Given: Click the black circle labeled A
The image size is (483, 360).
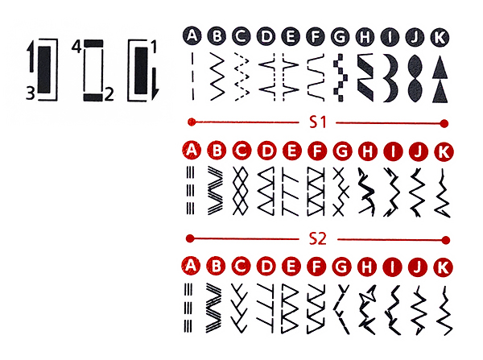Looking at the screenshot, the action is tap(192, 36).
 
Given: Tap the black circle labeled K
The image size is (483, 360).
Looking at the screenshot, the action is tap(440, 37).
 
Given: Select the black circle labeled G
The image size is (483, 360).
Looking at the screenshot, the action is tap(340, 37).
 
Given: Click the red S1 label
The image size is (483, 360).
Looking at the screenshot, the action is tap(318, 122).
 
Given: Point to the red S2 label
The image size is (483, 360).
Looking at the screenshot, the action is tap(318, 239).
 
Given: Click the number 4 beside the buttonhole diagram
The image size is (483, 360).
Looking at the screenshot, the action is tap(76, 47).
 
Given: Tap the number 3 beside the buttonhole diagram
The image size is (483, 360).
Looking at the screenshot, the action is tap(31, 93).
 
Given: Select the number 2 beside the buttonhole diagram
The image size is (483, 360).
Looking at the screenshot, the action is tap(109, 94).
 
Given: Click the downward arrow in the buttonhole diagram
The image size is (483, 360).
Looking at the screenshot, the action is tap(155, 84).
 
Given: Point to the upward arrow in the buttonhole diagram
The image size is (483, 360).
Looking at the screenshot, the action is tap(31, 57).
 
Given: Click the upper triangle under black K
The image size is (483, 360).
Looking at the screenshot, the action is tap(440, 67).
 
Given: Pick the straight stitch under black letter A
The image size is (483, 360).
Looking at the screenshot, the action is tap(193, 77).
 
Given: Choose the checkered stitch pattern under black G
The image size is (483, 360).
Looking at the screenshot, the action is tap(340, 78).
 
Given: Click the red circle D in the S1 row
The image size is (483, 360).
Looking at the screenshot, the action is tap(266, 151).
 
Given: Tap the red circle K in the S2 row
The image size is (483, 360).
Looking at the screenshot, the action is tap(443, 267).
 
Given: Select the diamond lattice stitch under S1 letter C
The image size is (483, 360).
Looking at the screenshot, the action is tap(241, 191).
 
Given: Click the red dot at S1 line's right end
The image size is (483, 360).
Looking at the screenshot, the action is tap(444, 123).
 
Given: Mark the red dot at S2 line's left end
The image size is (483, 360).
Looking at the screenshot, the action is tap(190, 238).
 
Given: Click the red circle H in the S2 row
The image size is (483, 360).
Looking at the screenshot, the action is tap(366, 267).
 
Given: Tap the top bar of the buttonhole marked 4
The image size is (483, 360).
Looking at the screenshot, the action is tap(93, 43).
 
